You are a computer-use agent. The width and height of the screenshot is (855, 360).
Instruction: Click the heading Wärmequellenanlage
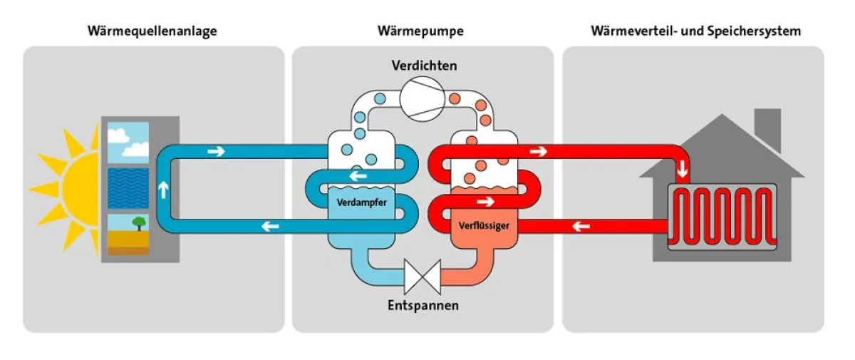click(152, 31)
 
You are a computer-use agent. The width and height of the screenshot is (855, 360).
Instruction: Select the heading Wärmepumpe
click(420, 31)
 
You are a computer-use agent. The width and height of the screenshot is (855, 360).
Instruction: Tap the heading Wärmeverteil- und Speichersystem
click(695, 31)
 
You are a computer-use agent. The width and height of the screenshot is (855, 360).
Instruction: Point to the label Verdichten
click(424, 66)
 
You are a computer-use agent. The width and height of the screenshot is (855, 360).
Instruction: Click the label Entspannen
click(423, 306)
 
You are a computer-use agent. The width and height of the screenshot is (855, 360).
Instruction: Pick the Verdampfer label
click(361, 202)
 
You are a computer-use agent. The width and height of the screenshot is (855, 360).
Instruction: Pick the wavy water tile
click(128, 187)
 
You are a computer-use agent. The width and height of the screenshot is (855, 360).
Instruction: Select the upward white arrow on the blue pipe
click(163, 190)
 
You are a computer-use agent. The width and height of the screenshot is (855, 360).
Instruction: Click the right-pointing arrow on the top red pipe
click(539, 151)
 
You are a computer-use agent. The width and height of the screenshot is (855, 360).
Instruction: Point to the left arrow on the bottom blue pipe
click(270, 227)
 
